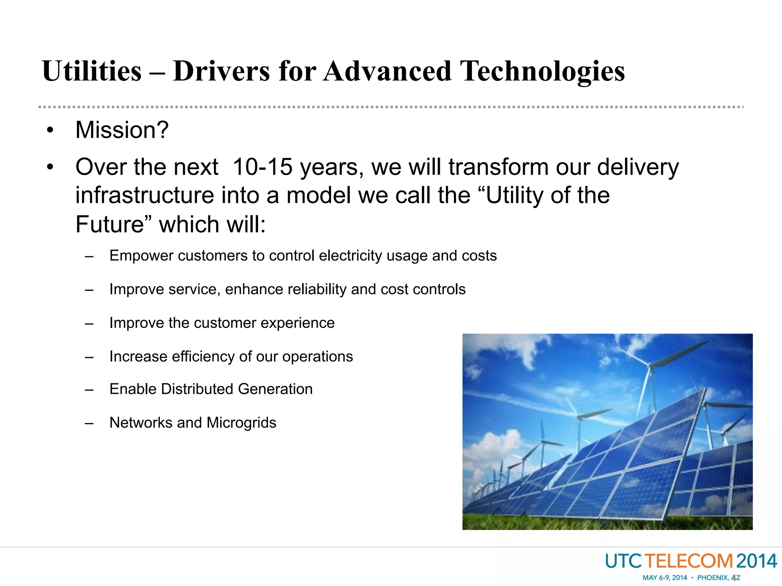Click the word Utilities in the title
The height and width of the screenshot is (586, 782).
coord(92,71)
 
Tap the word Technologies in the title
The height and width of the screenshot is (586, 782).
coord(542,71)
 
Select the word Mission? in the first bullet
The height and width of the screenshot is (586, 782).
coord(122,130)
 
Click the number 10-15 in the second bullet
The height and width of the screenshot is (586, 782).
coord(262,167)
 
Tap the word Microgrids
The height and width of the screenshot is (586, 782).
coord(241,423)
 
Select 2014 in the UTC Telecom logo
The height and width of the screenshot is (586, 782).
coord(756,561)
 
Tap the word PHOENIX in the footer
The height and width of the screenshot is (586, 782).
coord(713,578)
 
